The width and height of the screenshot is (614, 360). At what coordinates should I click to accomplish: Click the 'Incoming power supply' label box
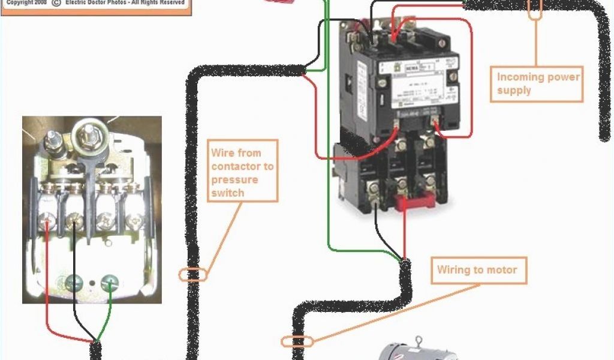coord(537,84)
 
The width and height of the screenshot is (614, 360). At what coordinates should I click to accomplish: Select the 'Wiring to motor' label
coord(477,270)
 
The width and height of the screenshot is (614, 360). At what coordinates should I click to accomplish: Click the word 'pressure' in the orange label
coord(234,180)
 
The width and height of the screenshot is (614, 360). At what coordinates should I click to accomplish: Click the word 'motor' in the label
coord(502,270)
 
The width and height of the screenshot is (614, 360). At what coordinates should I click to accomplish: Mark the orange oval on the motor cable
coord(297,341)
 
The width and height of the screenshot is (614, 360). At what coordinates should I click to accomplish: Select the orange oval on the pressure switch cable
coord(193,275)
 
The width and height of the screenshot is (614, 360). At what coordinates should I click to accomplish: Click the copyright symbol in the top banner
coord(55,3)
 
